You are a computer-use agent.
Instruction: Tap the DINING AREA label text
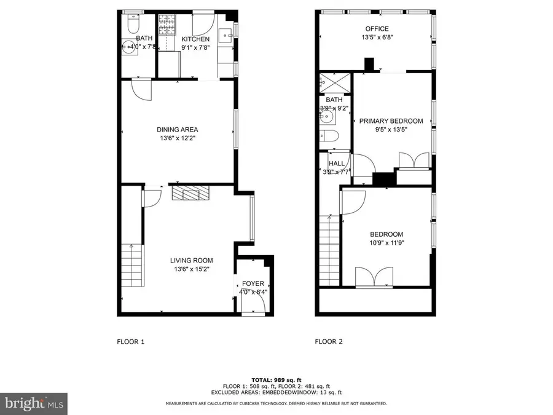177,130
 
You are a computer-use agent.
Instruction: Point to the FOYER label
253,283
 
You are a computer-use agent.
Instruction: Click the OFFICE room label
377,29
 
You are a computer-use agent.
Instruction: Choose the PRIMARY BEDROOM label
391,121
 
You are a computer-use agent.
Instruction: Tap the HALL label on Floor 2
336,164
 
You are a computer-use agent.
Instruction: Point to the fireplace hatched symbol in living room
190,194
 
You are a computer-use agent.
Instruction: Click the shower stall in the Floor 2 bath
334,81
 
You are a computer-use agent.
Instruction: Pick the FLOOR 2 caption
329,341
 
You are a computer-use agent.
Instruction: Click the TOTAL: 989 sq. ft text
276,379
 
